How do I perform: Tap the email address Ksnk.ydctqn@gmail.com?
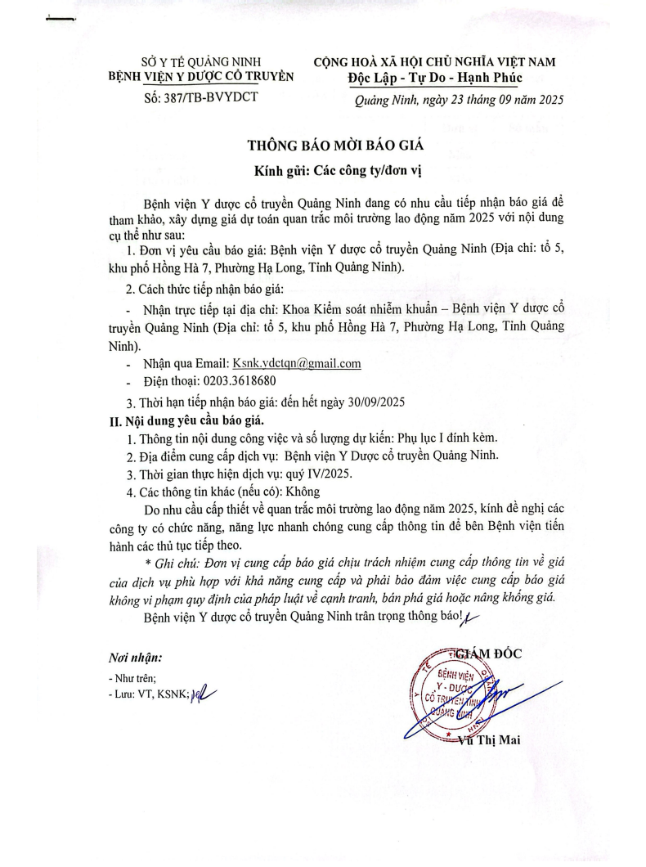[297, 363]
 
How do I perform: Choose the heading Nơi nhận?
[136, 658]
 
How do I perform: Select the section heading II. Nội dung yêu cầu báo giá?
[179, 421]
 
